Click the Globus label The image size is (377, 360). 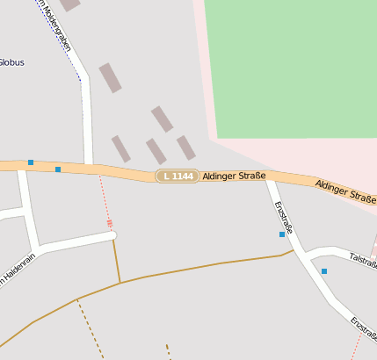[11, 62]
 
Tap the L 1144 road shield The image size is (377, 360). [177, 176]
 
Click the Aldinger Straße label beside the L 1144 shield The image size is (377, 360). [234, 176]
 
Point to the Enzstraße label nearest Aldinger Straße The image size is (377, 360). [283, 217]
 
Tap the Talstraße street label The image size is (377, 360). [362, 259]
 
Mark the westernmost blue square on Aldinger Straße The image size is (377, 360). [31, 162]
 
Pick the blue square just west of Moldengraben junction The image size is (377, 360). [58, 169]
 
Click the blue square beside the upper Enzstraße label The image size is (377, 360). [282, 234]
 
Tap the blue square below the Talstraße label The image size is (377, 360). [324, 271]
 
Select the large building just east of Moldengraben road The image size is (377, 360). [110, 77]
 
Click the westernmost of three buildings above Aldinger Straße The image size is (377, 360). [120, 148]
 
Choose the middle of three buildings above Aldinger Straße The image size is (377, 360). [156, 151]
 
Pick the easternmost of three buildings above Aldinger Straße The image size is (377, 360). [185, 148]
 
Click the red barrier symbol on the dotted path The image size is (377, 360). [110, 223]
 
